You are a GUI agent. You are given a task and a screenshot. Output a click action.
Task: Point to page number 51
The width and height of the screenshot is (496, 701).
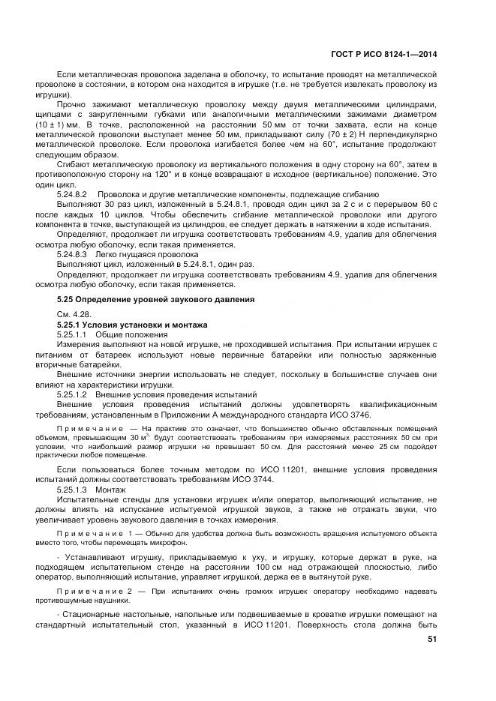pos(431,639)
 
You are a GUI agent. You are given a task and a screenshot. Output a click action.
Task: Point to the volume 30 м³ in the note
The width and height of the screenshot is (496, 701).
pos(107,436)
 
